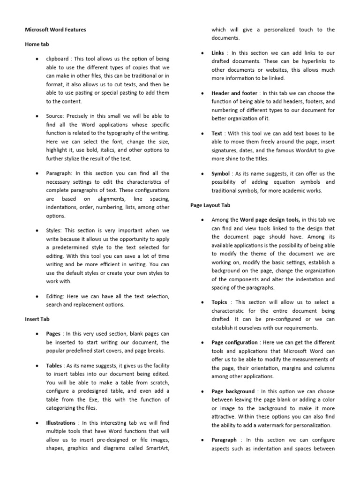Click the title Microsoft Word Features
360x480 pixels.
(55, 30)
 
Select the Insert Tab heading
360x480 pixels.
(37, 319)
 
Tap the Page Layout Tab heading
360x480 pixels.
(210, 205)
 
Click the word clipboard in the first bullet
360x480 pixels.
(58, 59)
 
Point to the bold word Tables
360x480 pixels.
(54, 365)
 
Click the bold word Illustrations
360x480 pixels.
(61, 423)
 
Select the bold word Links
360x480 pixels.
(217, 53)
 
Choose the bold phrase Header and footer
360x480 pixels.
(234, 93)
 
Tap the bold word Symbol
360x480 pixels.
(221, 173)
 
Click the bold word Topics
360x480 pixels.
(219, 302)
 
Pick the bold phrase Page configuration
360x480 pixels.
(234, 342)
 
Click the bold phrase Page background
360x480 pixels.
(233, 391)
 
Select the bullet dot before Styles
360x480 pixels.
(37, 231)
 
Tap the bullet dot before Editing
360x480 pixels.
(37, 297)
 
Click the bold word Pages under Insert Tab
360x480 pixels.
(53, 334)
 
